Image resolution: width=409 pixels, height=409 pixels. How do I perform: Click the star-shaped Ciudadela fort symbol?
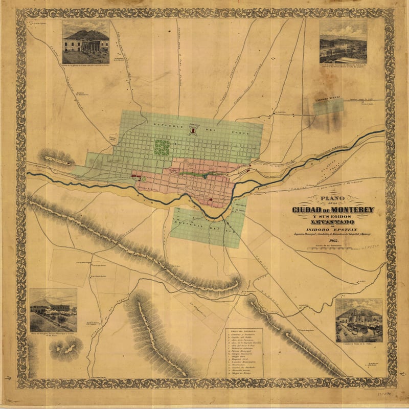point(193,131)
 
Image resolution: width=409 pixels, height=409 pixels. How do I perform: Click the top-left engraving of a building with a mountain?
point(85,42)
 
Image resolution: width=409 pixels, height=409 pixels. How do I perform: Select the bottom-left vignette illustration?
point(53,310)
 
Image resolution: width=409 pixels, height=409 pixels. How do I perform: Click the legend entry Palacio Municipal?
point(241,351)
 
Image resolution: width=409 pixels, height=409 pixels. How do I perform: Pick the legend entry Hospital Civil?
point(240,359)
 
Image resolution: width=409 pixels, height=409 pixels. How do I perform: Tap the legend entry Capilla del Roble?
point(241,337)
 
